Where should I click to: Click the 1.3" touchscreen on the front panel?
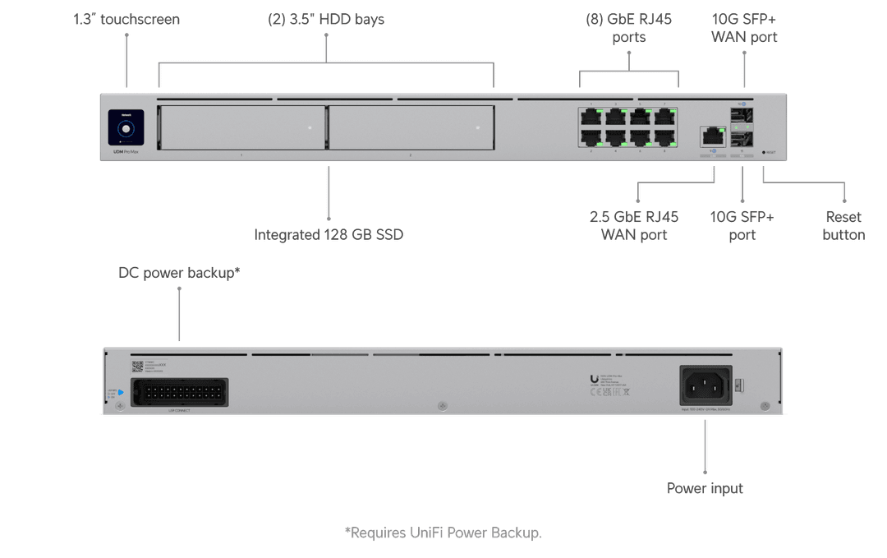tap(126, 129)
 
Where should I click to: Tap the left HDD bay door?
tap(241, 127)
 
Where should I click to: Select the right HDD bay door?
tap(411, 127)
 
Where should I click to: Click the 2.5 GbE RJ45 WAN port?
tap(712, 136)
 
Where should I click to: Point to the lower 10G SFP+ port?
tap(742, 137)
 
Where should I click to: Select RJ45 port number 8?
tap(664, 137)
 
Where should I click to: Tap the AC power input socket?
tap(704, 385)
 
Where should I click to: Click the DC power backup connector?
tap(179, 392)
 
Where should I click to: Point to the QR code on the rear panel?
tap(137, 367)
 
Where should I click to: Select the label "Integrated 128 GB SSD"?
tap(329, 234)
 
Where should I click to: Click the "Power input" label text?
tap(705, 488)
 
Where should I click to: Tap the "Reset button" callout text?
tap(843, 226)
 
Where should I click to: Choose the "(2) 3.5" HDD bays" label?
tap(326, 19)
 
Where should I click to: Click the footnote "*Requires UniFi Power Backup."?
tap(443, 533)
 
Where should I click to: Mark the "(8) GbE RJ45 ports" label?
tap(629, 27)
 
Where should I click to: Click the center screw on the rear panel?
tap(443, 406)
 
